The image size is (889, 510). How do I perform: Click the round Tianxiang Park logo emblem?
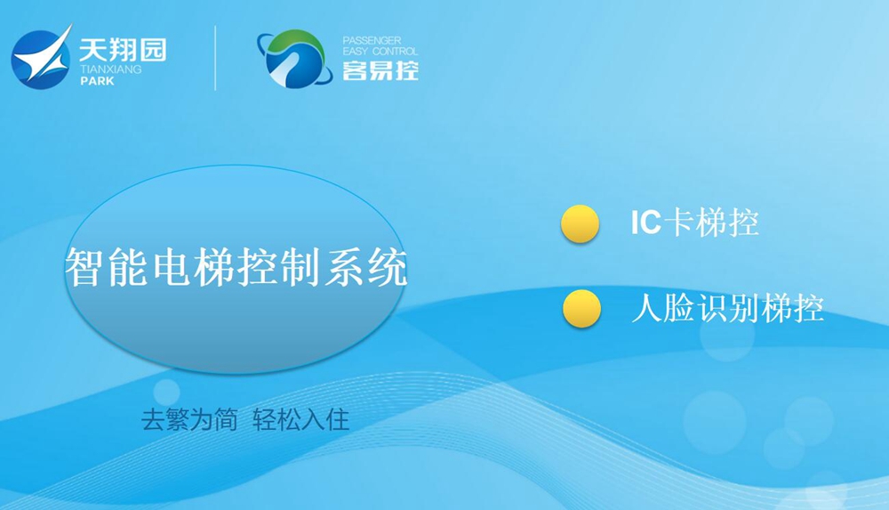[42, 59]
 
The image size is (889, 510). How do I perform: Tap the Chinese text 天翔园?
[123, 50]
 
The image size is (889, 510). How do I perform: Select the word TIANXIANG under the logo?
[110, 69]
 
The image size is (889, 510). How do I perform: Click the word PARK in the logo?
[97, 81]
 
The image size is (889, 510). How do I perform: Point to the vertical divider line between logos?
[215, 58]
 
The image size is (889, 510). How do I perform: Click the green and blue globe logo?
[294, 59]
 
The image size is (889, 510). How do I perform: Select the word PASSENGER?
[372, 40]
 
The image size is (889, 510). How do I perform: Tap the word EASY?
[356, 51]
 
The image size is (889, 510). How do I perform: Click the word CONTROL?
[395, 51]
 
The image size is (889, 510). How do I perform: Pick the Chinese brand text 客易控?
[380, 70]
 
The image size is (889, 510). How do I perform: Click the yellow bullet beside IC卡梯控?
[580, 223]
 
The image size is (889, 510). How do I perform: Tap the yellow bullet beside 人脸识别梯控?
[581, 309]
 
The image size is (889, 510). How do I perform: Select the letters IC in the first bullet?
[645, 222]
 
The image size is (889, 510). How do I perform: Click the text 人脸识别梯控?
[727, 308]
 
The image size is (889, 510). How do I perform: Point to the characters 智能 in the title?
[108, 267]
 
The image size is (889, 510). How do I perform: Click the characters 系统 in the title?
[365, 267]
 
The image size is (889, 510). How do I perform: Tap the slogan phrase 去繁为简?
[189, 420]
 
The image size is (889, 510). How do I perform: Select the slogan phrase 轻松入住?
[300, 420]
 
